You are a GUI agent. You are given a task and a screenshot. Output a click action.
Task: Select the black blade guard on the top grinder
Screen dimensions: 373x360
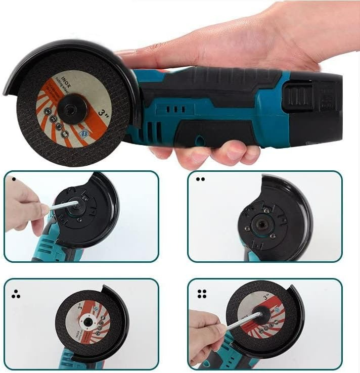point(61,56)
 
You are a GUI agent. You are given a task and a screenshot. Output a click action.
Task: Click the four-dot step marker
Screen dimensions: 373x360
point(201,294)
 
